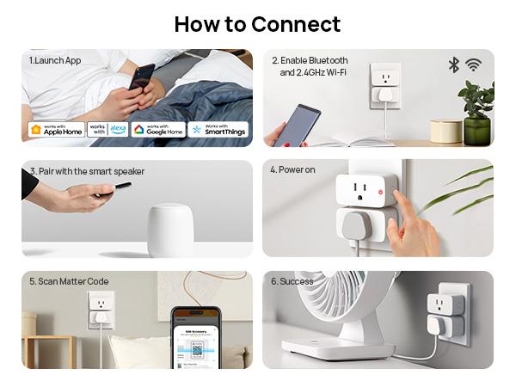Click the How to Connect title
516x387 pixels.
pos(257,24)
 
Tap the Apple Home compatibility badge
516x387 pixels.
pos(56,130)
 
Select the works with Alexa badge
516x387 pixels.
pos(107,130)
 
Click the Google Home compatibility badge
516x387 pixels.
pos(158,130)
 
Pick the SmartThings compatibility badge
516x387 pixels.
pos(218,130)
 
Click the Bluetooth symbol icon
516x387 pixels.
pos(454,65)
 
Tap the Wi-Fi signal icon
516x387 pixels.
pos(473,65)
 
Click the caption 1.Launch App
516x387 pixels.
pos(55,61)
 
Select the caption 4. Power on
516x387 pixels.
pos(292,170)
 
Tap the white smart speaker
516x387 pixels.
pos(169,229)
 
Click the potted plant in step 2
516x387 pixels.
pos(476,112)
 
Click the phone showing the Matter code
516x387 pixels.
pos(195,340)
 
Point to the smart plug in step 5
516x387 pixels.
pos(101,309)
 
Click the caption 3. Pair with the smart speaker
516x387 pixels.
pos(86,171)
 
